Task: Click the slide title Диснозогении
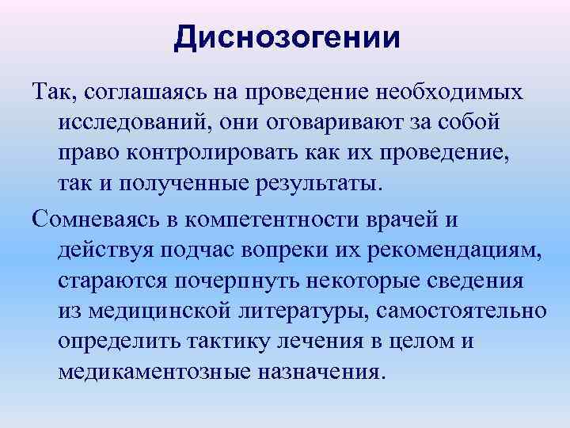pyautogui.click(x=287, y=38)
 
